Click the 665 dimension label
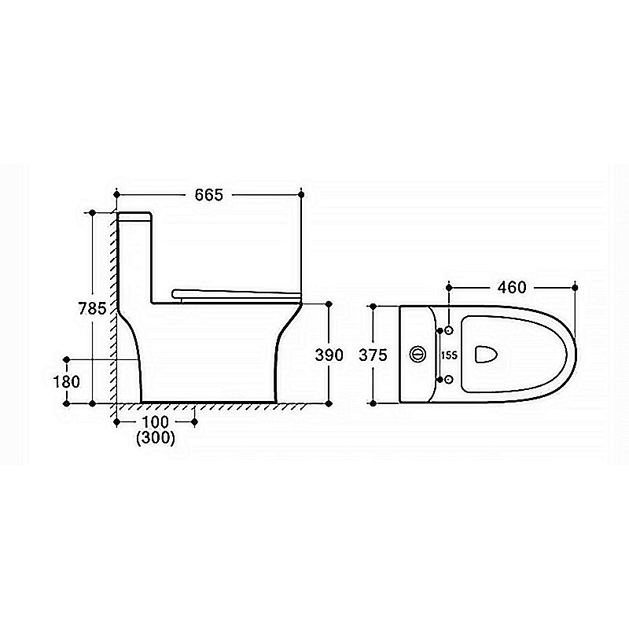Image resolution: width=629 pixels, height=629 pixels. tap(208, 195)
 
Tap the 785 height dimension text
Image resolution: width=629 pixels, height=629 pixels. tap(92, 308)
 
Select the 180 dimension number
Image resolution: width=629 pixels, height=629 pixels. tap(67, 381)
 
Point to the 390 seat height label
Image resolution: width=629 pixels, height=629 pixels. tap(329, 355)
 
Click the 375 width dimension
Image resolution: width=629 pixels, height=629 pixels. tap(373, 355)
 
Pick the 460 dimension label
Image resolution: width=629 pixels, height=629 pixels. tap(512, 287)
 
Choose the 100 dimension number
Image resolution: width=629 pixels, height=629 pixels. tap(155, 422)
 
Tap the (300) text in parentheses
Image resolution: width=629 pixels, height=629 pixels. tap(156, 438)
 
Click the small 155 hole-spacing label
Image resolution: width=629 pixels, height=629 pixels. tap(449, 355)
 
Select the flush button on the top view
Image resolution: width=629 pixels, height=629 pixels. tap(417, 355)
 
